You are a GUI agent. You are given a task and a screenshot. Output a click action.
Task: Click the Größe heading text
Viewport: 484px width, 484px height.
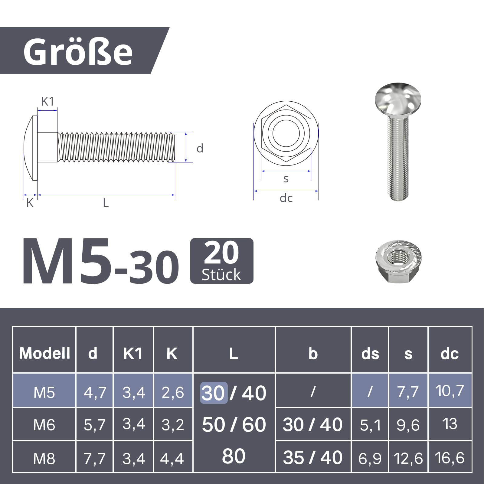pos(78,52)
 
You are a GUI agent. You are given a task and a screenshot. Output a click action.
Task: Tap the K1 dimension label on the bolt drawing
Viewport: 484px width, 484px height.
pos(47,102)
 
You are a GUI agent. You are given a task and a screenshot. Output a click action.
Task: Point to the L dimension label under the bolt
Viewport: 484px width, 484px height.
pos(106,203)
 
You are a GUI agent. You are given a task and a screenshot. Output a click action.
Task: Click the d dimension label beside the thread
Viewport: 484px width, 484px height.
pos(200,149)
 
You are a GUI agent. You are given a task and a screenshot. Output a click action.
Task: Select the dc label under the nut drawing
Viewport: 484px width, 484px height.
pos(286,198)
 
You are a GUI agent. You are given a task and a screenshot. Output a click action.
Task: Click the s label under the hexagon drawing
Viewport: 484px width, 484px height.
pos(286,179)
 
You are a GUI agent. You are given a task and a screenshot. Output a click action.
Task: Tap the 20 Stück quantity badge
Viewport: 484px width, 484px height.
pos(221,261)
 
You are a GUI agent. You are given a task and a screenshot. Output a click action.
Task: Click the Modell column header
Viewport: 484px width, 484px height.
pos(44,353)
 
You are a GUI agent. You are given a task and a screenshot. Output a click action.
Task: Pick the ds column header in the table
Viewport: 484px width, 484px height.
pos(370,354)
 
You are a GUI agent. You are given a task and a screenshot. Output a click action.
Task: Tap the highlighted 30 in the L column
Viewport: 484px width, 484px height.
pos(213,393)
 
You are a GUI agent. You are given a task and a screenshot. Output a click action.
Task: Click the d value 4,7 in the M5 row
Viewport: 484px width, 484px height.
pos(95,392)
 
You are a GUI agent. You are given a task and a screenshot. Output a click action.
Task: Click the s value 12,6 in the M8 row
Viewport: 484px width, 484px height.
pos(408,458)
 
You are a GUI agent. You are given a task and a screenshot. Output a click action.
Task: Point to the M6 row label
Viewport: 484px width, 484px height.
pos(44,425)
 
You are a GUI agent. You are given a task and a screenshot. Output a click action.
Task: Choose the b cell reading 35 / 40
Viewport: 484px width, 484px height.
pos(312,457)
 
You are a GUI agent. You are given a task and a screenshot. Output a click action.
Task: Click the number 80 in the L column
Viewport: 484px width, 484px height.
pos(233,456)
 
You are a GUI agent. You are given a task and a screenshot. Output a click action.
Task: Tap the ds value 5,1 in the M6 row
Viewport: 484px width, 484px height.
pos(370,425)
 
